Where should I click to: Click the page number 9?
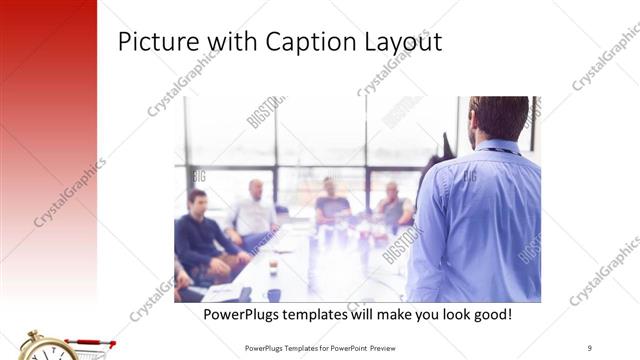tap(590, 347)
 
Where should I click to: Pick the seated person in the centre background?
tap(330, 204)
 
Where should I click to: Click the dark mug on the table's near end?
tap(273, 294)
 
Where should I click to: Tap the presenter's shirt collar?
tap(500, 147)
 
